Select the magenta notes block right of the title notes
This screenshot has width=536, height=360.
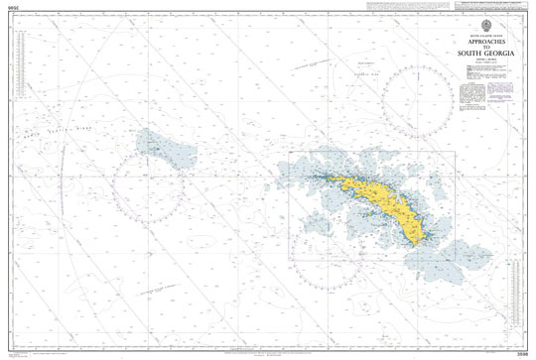click(486, 95)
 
